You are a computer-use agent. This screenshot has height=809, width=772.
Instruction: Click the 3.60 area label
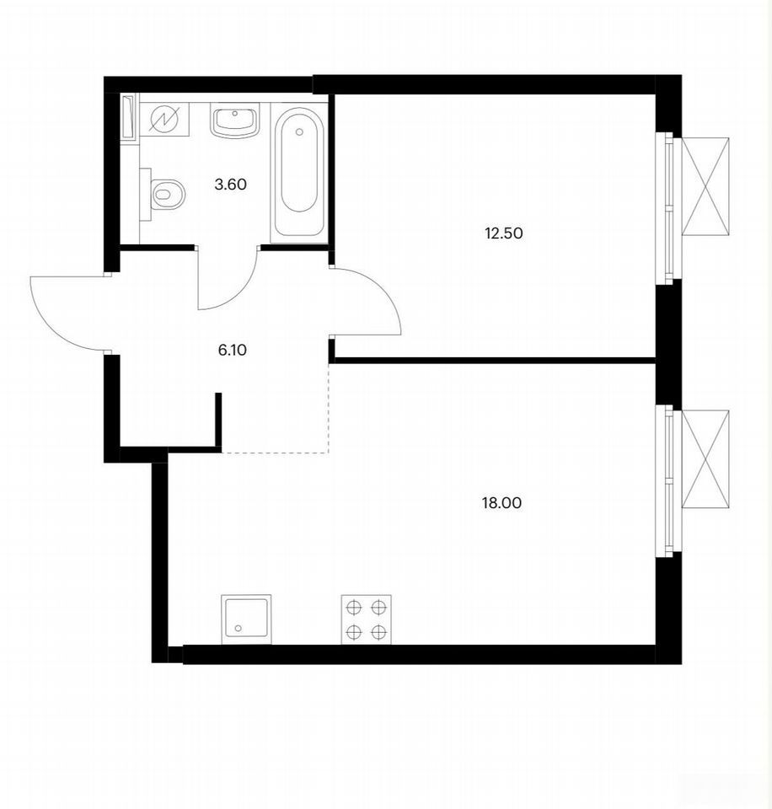pos(231,185)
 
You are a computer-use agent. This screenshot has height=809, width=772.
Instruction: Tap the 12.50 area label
pos(504,233)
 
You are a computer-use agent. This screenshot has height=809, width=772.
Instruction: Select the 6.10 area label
pos(233,351)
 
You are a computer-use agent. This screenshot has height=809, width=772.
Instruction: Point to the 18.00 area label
pos(501,503)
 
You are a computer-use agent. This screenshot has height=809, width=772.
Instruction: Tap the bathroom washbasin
pos(235,121)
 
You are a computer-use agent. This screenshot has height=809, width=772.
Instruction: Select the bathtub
pos(299,172)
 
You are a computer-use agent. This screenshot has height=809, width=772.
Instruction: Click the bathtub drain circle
pos(300,132)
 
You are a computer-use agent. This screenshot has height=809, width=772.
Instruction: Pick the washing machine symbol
pos(164,120)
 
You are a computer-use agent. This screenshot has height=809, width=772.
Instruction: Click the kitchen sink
pos(246,619)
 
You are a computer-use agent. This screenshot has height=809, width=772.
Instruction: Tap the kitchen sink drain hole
pos(238,629)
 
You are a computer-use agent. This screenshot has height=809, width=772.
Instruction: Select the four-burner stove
pos(367,619)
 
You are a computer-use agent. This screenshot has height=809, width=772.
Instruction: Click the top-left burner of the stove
pos(353,608)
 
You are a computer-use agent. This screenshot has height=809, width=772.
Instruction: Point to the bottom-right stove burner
pos(379,631)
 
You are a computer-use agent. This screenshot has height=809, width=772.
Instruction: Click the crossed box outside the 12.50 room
pos(705,186)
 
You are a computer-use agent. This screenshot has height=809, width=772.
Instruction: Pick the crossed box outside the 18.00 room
pos(705,459)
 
